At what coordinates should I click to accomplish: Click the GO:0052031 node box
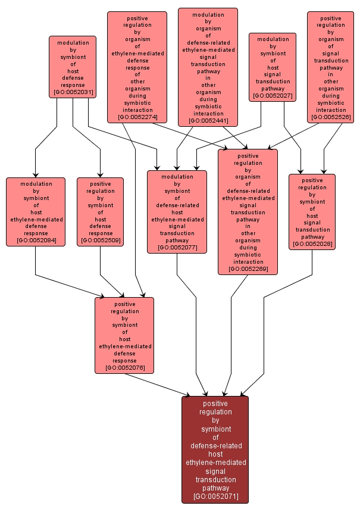(x=73, y=67)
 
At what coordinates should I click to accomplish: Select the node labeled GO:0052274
(x=137, y=67)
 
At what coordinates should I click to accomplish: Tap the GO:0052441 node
(x=208, y=67)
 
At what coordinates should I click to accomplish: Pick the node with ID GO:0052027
(x=273, y=67)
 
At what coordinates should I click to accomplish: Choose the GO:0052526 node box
(x=330, y=67)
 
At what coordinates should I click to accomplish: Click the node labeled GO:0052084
(x=36, y=212)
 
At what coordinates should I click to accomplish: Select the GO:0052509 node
(x=100, y=212)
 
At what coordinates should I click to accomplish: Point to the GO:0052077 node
(x=177, y=212)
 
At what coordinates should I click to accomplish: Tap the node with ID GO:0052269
(x=248, y=212)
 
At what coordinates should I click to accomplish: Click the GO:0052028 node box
(x=312, y=212)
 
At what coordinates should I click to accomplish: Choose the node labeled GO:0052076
(x=124, y=335)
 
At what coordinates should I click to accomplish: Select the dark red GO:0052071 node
(x=215, y=449)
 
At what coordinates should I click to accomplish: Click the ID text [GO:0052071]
(x=216, y=497)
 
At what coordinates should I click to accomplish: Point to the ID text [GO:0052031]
(x=73, y=92)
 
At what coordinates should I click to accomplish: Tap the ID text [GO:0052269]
(x=248, y=269)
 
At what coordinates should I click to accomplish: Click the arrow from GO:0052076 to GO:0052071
(x=157, y=385)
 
